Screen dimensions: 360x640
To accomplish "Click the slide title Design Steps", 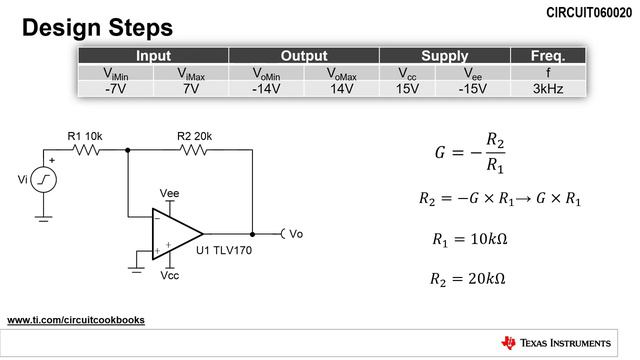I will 97,26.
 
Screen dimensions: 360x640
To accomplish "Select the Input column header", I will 153,56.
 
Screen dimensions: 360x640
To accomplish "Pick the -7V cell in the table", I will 117,88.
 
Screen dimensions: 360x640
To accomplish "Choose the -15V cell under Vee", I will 472,88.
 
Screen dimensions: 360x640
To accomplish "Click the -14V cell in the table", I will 266,88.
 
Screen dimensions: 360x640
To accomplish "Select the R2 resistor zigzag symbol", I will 193,150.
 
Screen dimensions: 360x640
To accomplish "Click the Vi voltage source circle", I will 45,180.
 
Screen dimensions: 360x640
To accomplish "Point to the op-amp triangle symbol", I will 174,233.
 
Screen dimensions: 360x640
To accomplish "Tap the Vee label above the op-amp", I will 169,192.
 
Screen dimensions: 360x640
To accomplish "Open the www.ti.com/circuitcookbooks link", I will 76,320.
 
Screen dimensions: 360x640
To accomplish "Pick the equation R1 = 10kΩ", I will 466,239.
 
